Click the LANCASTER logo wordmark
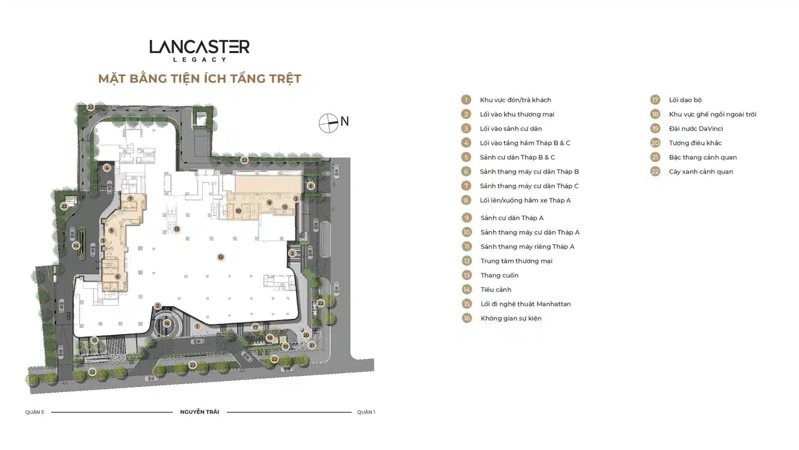tap(199, 47)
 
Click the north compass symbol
tap(329, 123)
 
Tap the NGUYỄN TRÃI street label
tap(199, 412)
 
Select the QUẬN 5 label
tap(34, 412)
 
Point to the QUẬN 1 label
tap(366, 412)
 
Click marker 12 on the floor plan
tap(220, 257)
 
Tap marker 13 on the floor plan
tap(177, 229)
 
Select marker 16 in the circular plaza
tap(167, 323)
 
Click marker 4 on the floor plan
tap(107, 167)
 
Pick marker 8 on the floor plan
tap(311, 185)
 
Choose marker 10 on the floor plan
tap(238, 210)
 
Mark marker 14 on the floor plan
tap(75, 245)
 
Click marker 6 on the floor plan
tap(117, 276)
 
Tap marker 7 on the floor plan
tap(130, 199)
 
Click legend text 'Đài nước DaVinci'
tap(696, 128)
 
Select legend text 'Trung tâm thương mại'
tap(516, 261)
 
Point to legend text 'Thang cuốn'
tap(499, 275)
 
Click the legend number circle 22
tap(655, 171)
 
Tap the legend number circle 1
tap(466, 99)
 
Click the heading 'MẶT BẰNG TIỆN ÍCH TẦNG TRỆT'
tap(200, 78)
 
